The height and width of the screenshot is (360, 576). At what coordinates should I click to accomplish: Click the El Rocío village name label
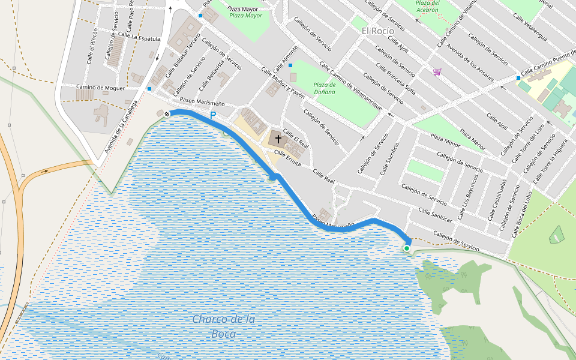(x=378, y=31)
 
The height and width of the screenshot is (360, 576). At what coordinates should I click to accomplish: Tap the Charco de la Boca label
(x=223, y=326)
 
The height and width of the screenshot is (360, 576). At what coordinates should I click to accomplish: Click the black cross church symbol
(x=278, y=139)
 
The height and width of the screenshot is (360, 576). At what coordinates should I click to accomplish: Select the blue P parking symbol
(x=212, y=115)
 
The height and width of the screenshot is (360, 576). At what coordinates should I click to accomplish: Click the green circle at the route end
(x=406, y=248)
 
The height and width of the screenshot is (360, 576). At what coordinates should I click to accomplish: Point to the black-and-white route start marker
(x=167, y=113)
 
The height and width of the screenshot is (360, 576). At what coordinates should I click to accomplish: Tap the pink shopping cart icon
(x=437, y=72)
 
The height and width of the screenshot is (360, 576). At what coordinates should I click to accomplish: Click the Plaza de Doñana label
(x=325, y=88)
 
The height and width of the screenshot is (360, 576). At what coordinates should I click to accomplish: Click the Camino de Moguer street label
(x=100, y=88)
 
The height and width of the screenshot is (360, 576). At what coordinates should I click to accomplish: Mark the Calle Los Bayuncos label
(x=469, y=196)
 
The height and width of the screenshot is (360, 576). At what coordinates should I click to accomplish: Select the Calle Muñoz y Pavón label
(x=283, y=82)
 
